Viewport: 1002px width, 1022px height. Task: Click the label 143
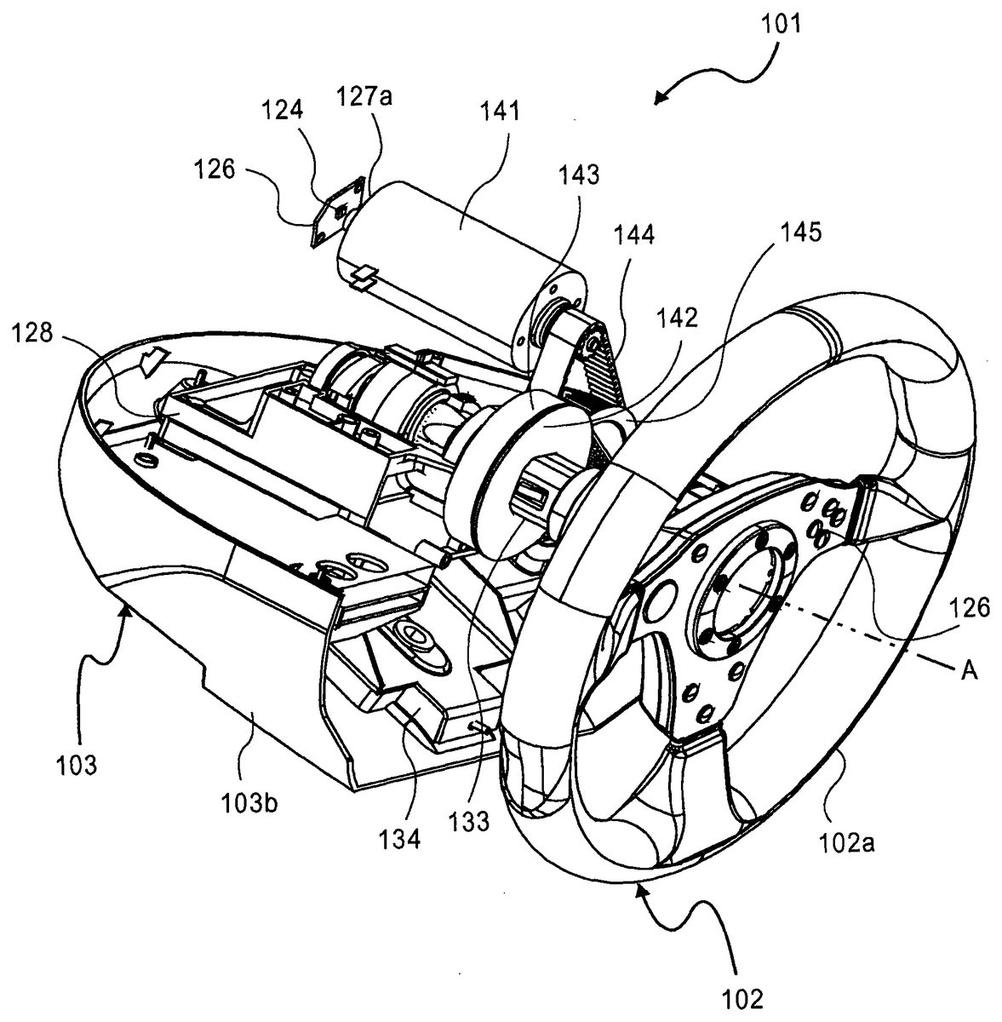tap(578, 175)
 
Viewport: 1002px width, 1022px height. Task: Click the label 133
tap(470, 821)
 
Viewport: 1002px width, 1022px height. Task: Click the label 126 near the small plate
tap(214, 169)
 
